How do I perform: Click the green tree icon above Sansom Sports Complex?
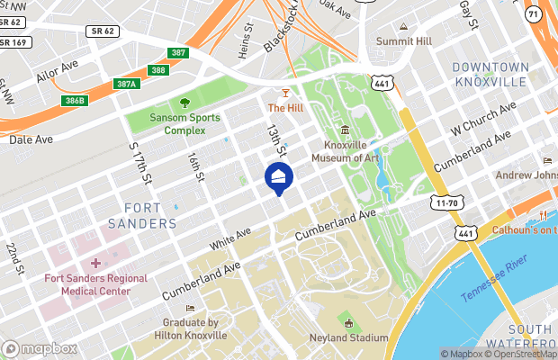(184, 103)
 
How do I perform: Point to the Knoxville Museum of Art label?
(346, 151)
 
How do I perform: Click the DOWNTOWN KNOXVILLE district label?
(490, 75)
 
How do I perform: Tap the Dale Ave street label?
(32, 139)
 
